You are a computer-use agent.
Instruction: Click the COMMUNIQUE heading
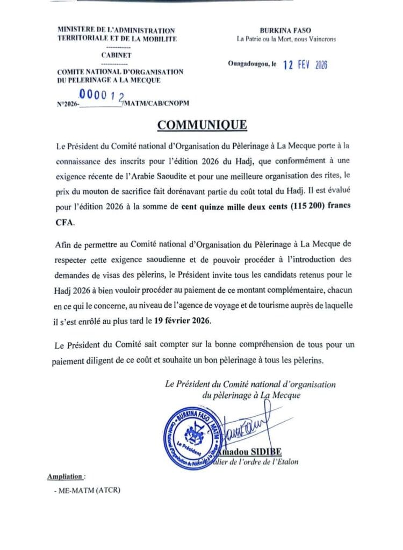202,125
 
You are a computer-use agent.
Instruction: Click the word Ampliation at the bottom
66,476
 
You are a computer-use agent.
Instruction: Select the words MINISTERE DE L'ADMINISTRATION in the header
116,31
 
